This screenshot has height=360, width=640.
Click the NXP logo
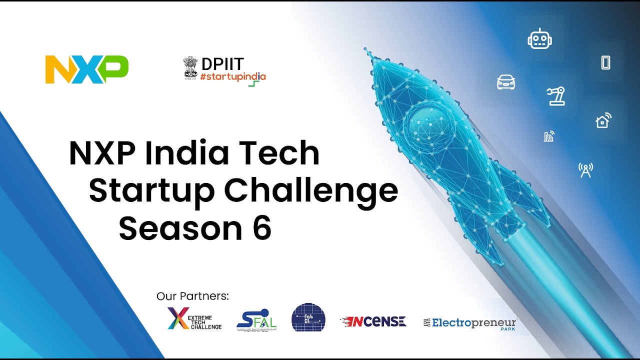tap(86, 69)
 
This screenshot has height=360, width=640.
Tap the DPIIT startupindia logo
tap(224, 70)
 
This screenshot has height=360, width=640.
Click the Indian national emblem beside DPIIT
tap(190, 67)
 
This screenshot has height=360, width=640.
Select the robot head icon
tap(539, 39)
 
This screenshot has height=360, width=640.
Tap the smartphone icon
tap(605, 62)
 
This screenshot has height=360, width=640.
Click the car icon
tap(506, 82)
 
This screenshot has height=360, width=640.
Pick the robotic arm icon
tap(555, 95)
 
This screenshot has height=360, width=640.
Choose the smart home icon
tap(603, 120)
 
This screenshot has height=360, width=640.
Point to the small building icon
tap(549, 136)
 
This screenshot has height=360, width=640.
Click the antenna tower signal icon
tap(585, 170)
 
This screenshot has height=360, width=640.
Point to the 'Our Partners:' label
tap(192, 296)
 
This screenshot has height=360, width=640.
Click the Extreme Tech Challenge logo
tap(194, 319)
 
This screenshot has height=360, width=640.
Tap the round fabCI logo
tap(308, 317)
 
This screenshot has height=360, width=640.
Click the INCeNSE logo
tap(373, 321)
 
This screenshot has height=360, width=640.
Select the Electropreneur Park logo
tap(470, 323)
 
